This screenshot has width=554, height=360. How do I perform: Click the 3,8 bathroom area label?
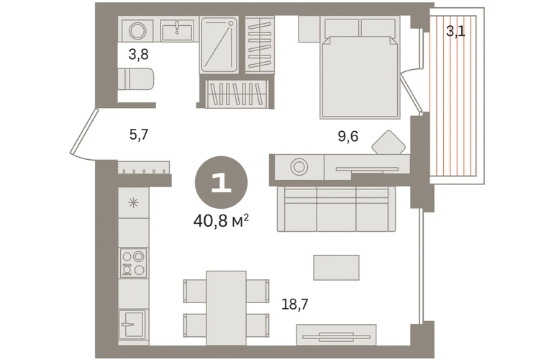click(138, 55)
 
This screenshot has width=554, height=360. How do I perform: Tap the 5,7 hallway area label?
click(138, 135)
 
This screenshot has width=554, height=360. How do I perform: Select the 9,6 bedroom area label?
click(348, 136)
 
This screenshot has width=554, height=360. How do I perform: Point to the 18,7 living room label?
click(295, 304)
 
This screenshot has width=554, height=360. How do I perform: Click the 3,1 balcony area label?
click(455, 32)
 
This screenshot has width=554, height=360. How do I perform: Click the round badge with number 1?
click(221, 182)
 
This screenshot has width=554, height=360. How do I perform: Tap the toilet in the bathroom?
click(136, 79)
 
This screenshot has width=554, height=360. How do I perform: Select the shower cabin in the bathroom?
click(219, 45)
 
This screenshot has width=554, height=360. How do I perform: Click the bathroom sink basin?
click(177, 30)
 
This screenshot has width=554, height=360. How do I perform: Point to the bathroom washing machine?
click(138, 30)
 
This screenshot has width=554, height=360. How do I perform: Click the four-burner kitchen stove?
click(134, 263)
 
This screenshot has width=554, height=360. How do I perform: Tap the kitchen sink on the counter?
click(132, 324)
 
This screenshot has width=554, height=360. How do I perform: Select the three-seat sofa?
click(337, 209)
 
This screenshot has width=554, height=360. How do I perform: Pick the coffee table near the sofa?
click(337, 267)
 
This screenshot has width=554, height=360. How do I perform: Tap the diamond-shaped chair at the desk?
click(389, 143)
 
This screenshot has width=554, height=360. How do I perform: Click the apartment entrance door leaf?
click(83, 132)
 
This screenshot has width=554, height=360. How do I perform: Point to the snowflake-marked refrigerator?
click(134, 203)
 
